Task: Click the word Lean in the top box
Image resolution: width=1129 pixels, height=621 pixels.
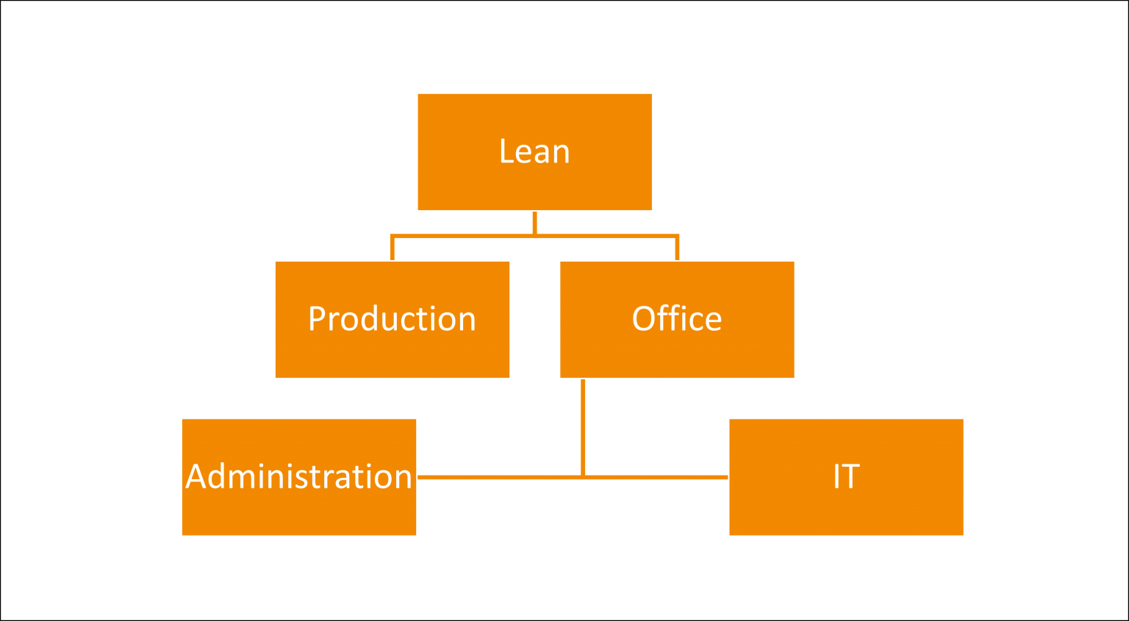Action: pos(534,152)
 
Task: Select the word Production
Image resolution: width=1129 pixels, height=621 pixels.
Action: pos(392,319)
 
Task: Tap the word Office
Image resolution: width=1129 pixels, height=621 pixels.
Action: pos(677,319)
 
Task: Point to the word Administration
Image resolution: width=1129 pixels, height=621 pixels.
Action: pos(298,477)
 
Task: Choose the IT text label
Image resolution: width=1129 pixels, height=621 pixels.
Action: pos(846,477)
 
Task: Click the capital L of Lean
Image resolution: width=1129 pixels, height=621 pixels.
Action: pos(506,152)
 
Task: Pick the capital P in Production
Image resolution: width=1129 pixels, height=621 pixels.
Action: pos(316,319)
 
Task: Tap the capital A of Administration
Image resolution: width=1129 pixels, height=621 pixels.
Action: pos(195,477)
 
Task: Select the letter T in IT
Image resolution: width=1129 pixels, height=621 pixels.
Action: pos(851,477)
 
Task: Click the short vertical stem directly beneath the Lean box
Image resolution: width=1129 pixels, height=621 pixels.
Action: pos(534,222)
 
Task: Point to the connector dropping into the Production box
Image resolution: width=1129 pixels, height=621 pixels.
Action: pos(393,248)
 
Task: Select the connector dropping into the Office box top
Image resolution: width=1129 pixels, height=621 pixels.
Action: pos(677,248)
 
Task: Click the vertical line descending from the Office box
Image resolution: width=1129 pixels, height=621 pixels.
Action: pos(583,426)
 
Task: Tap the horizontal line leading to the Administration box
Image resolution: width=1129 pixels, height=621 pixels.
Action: pos(500,477)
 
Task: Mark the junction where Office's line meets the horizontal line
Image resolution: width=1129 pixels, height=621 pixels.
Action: pos(583,477)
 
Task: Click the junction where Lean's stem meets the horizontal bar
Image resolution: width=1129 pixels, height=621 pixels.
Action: pos(534,236)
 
